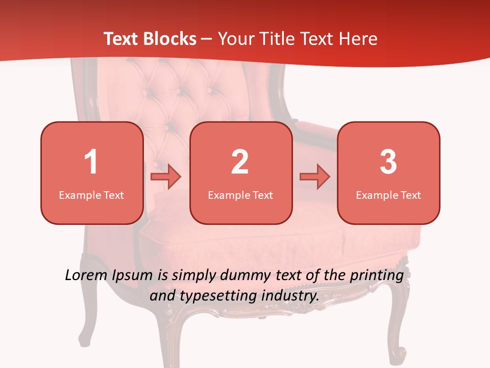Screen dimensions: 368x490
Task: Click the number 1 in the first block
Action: (x=91, y=162)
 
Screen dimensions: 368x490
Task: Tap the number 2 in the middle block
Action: (x=240, y=162)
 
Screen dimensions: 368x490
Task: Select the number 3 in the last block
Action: (x=388, y=162)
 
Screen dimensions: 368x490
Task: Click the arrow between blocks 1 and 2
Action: (x=166, y=177)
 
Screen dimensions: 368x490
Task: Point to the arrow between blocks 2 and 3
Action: (x=315, y=177)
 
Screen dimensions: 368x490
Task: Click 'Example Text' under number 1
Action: (x=91, y=195)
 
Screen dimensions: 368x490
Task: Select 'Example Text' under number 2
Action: (x=240, y=195)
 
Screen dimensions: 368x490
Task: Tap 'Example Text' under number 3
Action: (x=388, y=195)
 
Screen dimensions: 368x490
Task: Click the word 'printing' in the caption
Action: (x=377, y=275)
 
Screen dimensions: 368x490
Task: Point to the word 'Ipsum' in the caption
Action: (x=133, y=275)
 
